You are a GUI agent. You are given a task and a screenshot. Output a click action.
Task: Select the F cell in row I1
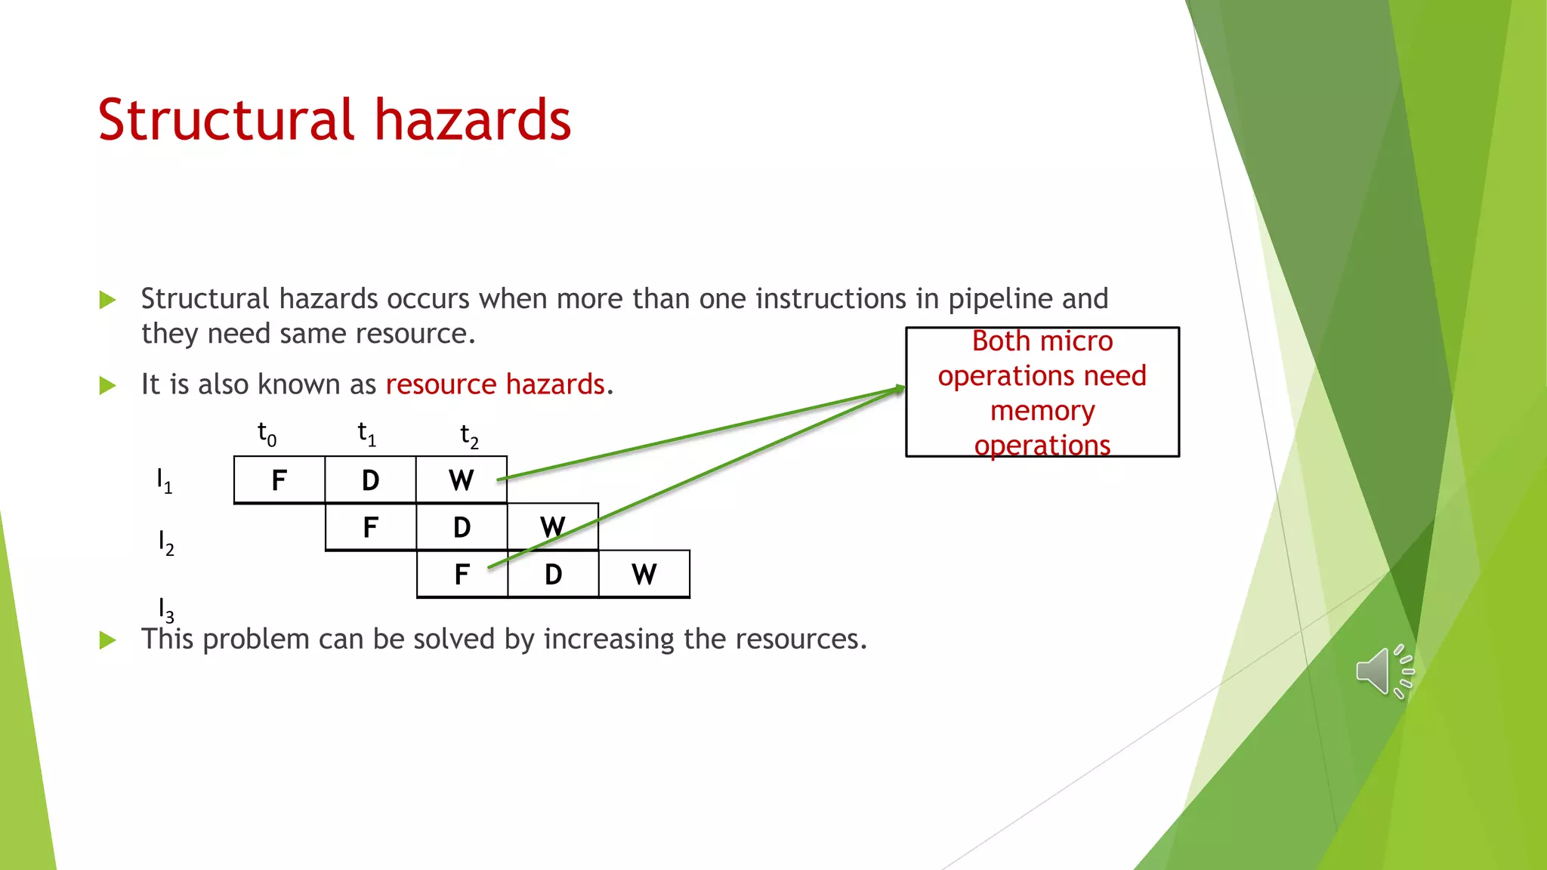click(279, 480)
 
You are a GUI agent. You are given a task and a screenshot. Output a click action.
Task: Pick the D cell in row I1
click(370, 480)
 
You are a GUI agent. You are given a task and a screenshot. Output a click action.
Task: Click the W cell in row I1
click(461, 480)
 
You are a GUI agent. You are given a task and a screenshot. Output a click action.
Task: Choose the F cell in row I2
click(370, 527)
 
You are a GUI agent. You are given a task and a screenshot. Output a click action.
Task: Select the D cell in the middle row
click(462, 527)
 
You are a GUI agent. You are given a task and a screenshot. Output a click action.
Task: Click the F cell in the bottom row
click(462, 575)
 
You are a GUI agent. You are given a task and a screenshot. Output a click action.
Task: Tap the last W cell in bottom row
click(644, 575)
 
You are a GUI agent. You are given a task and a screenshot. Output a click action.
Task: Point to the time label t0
click(267, 434)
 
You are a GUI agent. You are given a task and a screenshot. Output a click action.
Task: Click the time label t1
click(366, 434)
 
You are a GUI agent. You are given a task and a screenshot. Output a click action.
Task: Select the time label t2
click(469, 436)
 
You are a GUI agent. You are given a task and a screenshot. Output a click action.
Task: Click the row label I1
click(164, 480)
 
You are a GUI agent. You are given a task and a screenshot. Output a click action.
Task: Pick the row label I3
click(165, 609)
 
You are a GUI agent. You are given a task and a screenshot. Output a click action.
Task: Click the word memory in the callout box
click(1042, 411)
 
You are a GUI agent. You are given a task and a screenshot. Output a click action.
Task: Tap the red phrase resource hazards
click(496, 384)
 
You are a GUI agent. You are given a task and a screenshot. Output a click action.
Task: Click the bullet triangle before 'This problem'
click(108, 640)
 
